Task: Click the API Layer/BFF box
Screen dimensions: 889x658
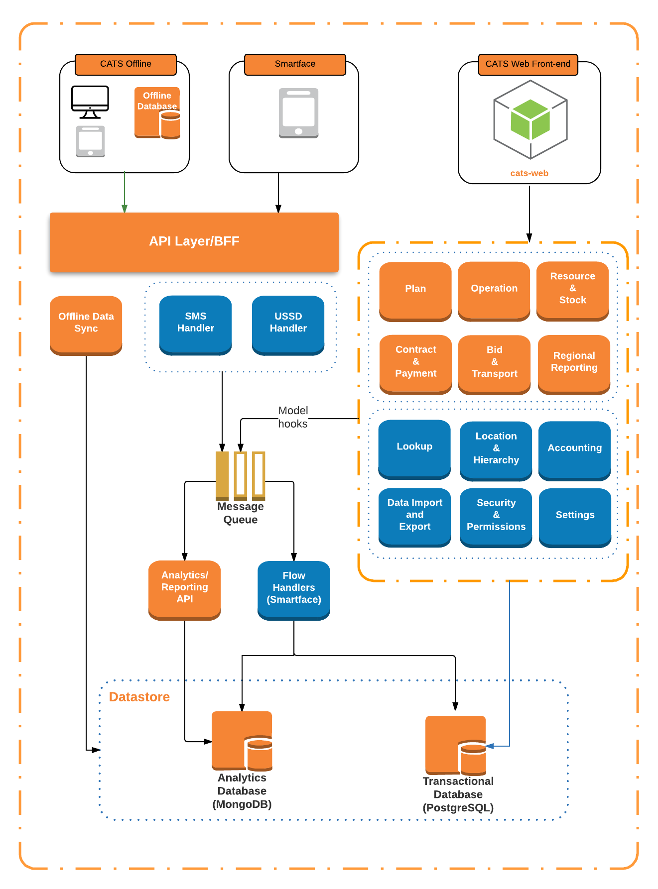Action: click(194, 242)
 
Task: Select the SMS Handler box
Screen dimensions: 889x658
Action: click(195, 324)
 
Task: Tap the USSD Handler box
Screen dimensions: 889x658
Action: click(288, 324)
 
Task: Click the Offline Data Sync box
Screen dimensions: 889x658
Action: click(86, 324)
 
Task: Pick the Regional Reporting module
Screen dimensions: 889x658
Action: click(574, 363)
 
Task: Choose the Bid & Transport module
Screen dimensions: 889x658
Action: click(494, 363)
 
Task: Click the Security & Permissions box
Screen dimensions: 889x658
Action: click(496, 516)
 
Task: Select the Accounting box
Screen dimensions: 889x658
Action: click(574, 448)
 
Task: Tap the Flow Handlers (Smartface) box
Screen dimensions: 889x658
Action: click(293, 589)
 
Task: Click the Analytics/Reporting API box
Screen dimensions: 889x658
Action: click(184, 588)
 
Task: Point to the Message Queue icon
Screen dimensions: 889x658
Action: click(240, 475)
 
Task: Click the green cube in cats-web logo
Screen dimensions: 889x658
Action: click(530, 119)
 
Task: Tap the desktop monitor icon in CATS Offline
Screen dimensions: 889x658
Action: click(90, 101)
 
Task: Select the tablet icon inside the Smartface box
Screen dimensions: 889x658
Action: click(298, 113)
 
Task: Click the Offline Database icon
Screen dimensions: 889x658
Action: click(157, 113)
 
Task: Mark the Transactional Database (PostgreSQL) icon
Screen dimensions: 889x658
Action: click(456, 745)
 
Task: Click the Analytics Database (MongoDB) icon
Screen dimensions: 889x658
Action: click(242, 741)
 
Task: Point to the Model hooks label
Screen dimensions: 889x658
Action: click(293, 417)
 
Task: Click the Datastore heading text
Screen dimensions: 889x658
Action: click(139, 697)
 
